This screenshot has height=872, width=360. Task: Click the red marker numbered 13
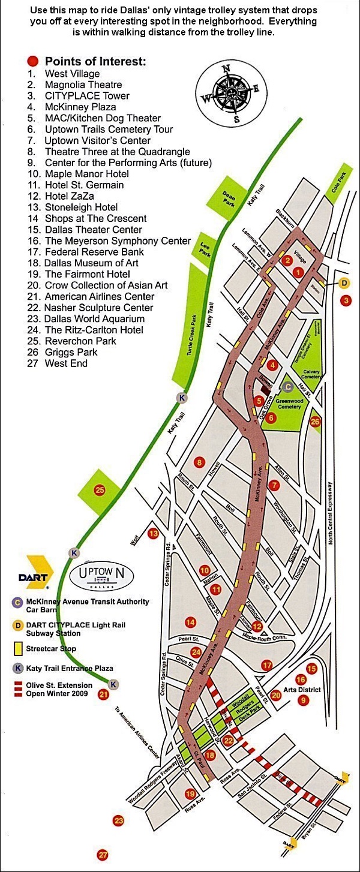click(x=154, y=533)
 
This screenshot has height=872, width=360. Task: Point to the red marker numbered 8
click(x=199, y=462)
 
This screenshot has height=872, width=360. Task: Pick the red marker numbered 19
click(x=191, y=794)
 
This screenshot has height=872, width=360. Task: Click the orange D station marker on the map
click(x=344, y=283)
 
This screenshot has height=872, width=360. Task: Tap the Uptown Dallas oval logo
click(x=102, y=574)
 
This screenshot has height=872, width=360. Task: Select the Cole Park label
click(x=338, y=191)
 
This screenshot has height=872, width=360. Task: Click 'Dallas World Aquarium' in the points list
click(x=94, y=318)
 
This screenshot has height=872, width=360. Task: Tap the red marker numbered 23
click(x=118, y=820)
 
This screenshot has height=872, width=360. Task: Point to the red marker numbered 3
click(x=345, y=300)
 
